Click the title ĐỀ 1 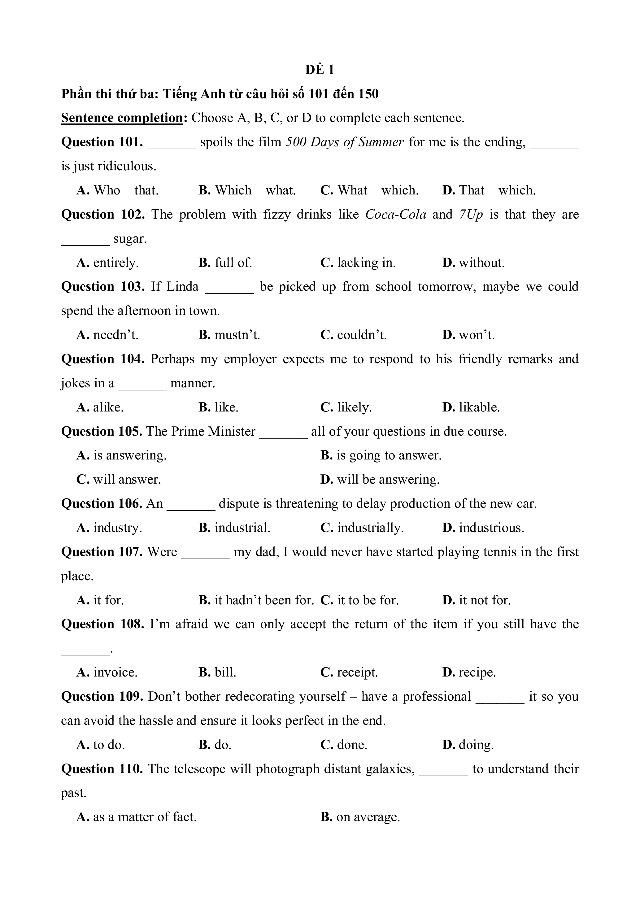tap(320, 70)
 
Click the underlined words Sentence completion tap(122, 118)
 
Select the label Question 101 tap(102, 142)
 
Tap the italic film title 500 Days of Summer tap(344, 142)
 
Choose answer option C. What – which tap(369, 190)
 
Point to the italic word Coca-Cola tap(396, 215)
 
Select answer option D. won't tap(468, 335)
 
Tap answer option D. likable tap(471, 407)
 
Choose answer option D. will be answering tap(380, 479)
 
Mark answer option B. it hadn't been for tap(256, 600)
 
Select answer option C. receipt tap(349, 672)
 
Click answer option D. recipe tap(469, 672)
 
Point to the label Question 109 tap(102, 697)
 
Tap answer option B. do tap(215, 745)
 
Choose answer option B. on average tap(360, 817)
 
